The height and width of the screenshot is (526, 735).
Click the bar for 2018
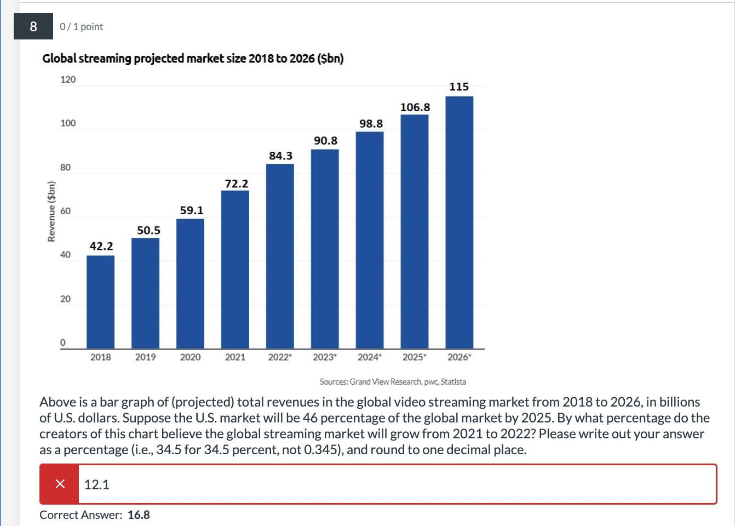(x=101, y=302)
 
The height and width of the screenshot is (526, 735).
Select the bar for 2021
(x=235, y=269)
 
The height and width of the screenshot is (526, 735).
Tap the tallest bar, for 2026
(x=459, y=222)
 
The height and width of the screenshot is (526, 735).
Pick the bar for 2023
(x=325, y=249)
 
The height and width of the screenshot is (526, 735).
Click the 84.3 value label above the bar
(x=280, y=156)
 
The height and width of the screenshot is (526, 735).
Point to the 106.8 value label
(x=415, y=107)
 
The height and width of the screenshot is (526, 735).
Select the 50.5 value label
(x=148, y=231)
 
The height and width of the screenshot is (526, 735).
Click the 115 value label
(x=459, y=87)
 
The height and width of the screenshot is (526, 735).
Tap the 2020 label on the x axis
(x=190, y=357)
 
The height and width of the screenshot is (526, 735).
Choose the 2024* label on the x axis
(x=370, y=357)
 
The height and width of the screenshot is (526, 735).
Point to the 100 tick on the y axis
(x=68, y=123)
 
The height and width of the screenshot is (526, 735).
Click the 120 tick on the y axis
(x=68, y=79)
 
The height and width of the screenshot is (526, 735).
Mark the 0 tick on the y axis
(x=63, y=342)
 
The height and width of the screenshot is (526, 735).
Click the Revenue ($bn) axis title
(x=51, y=211)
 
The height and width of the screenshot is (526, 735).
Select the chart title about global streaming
(x=193, y=59)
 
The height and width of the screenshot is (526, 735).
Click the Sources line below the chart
(x=393, y=382)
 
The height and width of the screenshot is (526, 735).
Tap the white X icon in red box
(x=60, y=484)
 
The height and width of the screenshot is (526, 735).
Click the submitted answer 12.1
(x=97, y=484)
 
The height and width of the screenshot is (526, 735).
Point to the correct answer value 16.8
(x=139, y=515)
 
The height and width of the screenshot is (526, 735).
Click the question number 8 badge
(x=33, y=26)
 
